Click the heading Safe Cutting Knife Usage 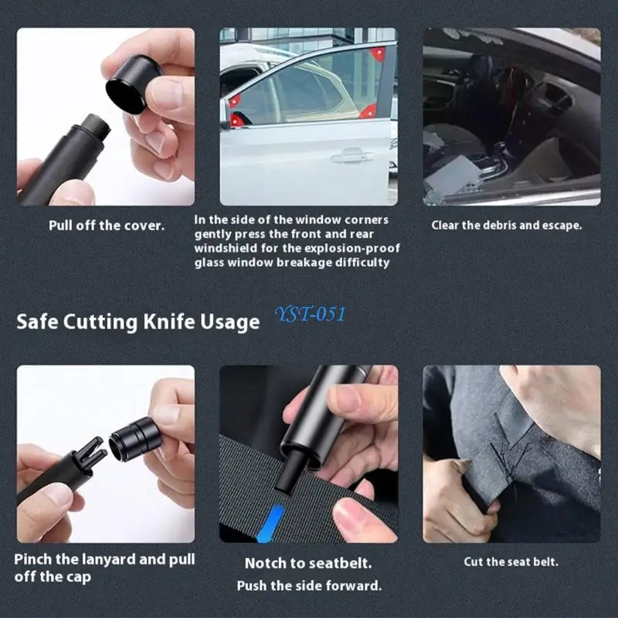pyautogui.click(x=138, y=321)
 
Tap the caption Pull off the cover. pyautogui.click(x=107, y=226)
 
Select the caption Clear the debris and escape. pyautogui.click(x=506, y=226)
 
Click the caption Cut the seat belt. pyautogui.click(x=511, y=562)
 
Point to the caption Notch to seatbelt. pyautogui.click(x=308, y=563)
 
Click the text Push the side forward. pyautogui.click(x=309, y=586)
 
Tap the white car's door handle pyautogui.click(x=352, y=157)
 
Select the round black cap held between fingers pyautogui.click(x=133, y=83)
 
